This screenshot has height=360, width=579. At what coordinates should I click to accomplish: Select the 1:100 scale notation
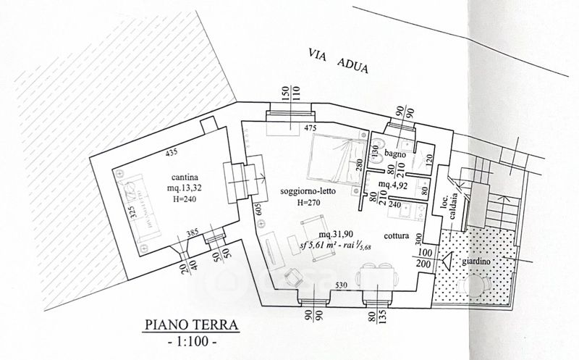(192, 340)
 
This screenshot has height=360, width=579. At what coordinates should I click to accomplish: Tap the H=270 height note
(309, 203)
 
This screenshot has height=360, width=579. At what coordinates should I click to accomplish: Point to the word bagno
(396, 154)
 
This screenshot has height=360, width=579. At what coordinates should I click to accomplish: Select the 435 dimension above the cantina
(172, 153)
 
